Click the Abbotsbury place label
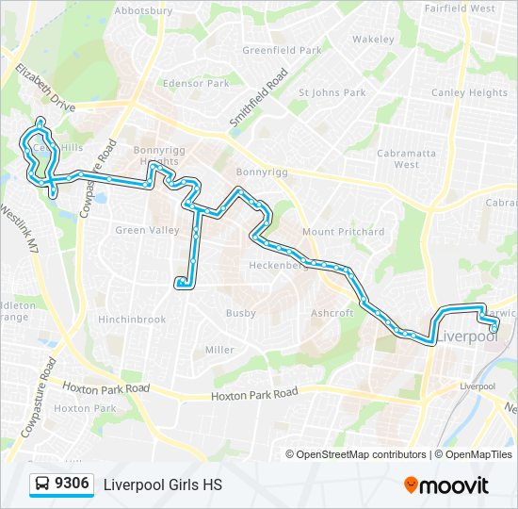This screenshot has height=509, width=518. point(142,11)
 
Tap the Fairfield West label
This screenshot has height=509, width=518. point(460,8)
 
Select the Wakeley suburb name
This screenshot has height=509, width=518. point(373,40)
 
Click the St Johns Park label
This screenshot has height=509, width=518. point(332,92)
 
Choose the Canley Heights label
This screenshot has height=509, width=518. point(469,92)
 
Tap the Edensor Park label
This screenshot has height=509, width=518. point(196,83)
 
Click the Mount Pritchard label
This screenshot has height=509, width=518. point(343,232)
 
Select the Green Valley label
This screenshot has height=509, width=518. point(147,230)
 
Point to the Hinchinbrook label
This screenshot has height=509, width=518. point(132,320)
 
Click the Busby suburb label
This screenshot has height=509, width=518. point(241,313)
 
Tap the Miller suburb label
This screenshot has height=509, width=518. point(219,350)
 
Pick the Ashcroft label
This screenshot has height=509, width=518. point(332,313)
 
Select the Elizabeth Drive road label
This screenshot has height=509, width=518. point(44,90)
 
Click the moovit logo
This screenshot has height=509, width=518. point(446,484)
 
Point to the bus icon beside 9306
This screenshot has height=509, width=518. point(41,484)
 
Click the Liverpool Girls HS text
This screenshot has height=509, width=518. point(162,484)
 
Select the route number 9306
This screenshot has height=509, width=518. point(73,484)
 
